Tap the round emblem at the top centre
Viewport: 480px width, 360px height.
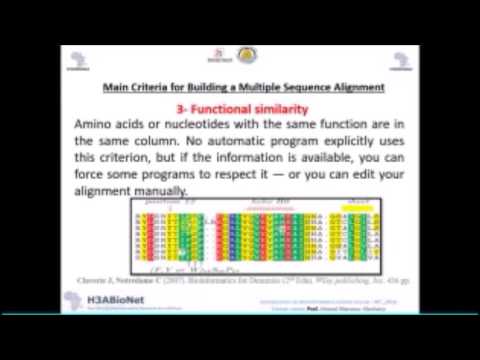tap(247, 54)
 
